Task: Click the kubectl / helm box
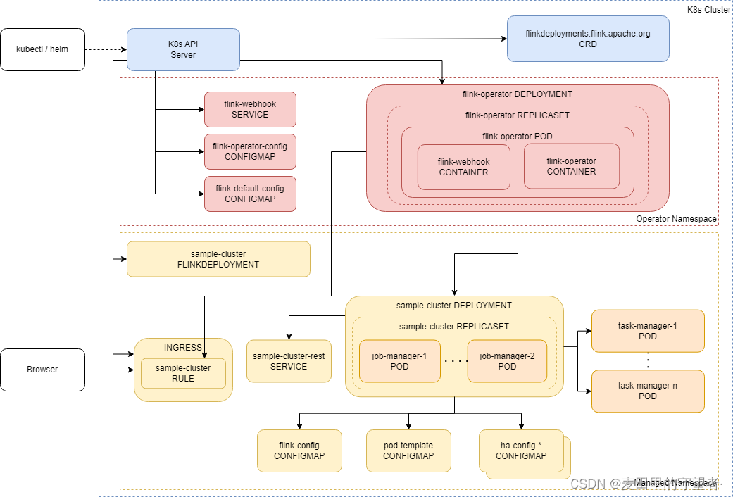pyautogui.click(x=42, y=49)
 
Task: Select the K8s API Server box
pyautogui.click(x=183, y=49)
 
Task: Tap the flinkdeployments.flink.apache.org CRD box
pyautogui.click(x=588, y=39)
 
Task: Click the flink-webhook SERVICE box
pyautogui.click(x=250, y=109)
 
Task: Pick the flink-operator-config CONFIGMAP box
pyautogui.click(x=250, y=151)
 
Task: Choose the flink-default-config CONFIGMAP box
pyautogui.click(x=250, y=194)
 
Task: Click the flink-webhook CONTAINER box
pyautogui.click(x=463, y=167)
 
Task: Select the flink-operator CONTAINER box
pyautogui.click(x=571, y=166)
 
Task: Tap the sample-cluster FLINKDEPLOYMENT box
pyautogui.click(x=218, y=259)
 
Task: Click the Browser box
pyautogui.click(x=42, y=370)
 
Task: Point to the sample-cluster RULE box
pyautogui.click(x=183, y=373)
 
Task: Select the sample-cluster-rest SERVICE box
pyautogui.click(x=289, y=361)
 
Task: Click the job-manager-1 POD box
pyautogui.click(x=399, y=361)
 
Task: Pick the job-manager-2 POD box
pyautogui.click(x=507, y=361)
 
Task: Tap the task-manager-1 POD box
pyautogui.click(x=648, y=331)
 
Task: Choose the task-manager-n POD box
pyautogui.click(x=648, y=391)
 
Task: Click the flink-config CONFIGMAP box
pyautogui.click(x=299, y=451)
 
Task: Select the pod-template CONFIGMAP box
pyautogui.click(x=408, y=451)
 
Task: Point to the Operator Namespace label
pyautogui.click(x=676, y=219)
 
